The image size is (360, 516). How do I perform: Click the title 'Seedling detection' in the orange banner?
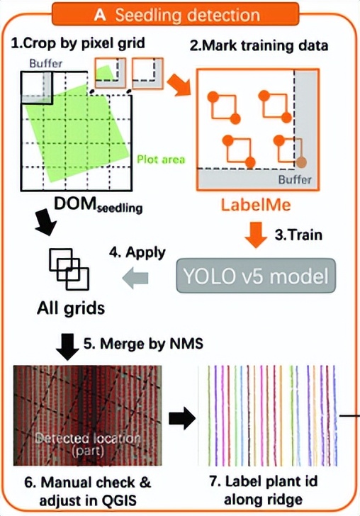point(188,15)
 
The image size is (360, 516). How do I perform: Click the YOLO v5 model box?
point(256,276)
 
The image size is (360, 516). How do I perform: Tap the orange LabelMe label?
point(256,205)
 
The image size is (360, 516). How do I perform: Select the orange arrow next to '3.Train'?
point(256,235)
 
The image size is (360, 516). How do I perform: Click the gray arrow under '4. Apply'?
point(135,278)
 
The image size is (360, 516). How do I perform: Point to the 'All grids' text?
point(71,308)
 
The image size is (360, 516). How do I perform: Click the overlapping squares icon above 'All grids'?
point(69,269)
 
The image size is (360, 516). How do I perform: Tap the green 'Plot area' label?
point(161,159)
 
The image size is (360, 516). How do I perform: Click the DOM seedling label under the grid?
point(98,206)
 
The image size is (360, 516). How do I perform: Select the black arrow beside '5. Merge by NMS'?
point(68,347)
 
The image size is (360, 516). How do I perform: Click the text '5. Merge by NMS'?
point(143,344)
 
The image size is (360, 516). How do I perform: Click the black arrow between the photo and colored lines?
point(182,418)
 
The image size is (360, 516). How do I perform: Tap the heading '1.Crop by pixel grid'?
point(78,44)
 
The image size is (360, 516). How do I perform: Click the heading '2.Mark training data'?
point(259,45)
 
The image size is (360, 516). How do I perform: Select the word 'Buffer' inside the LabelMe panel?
point(295,180)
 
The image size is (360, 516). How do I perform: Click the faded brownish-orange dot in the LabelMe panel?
point(301,162)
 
